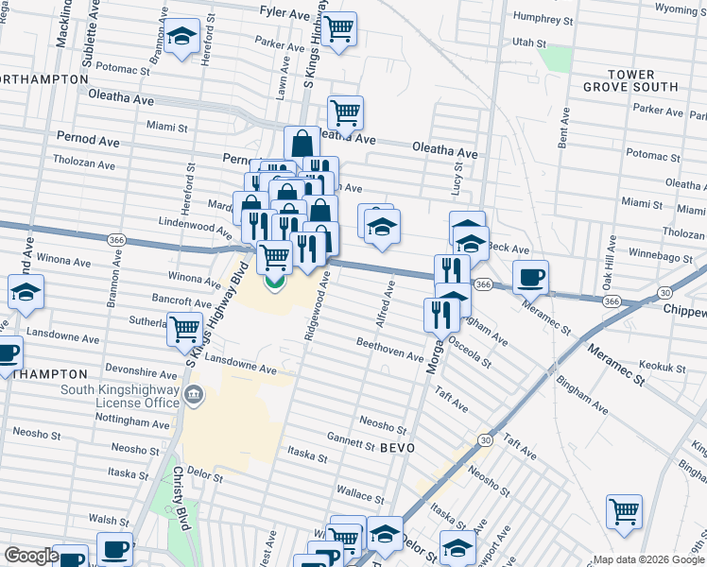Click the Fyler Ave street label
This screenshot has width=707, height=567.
tap(284, 14)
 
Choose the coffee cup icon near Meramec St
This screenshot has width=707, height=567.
tap(529, 276)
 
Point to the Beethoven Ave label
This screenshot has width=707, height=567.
tap(389, 349)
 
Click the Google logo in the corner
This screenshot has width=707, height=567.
tap(30, 556)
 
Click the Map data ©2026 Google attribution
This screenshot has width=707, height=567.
tap(647, 559)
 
